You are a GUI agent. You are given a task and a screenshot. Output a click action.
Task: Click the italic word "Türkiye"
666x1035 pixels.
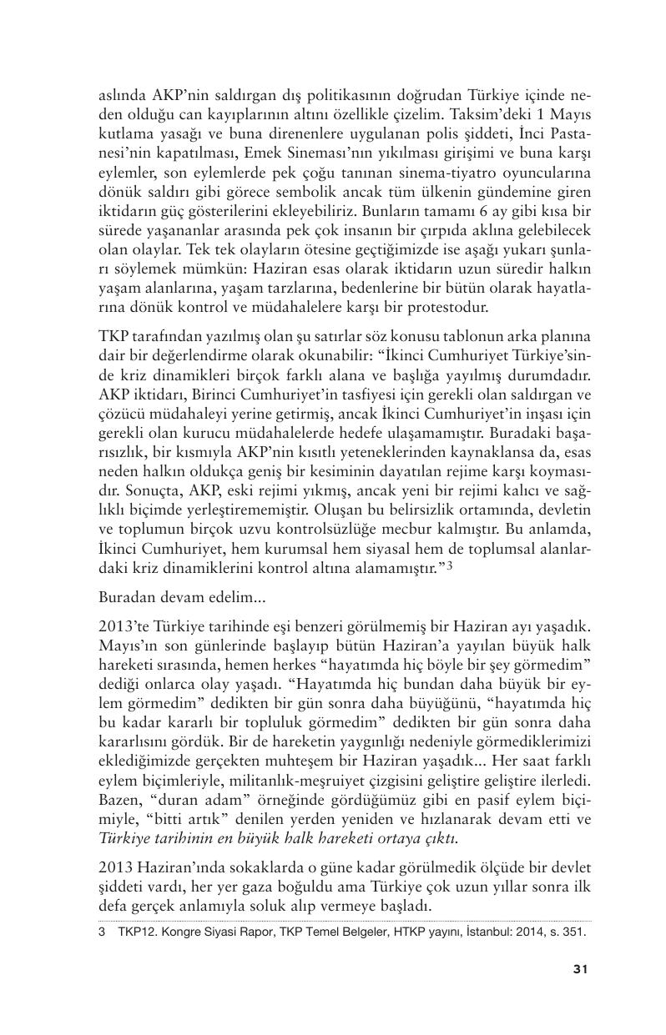tap(125, 838)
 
